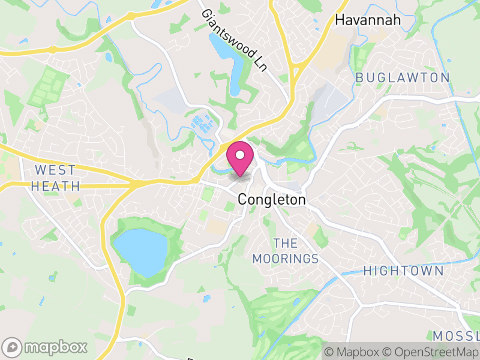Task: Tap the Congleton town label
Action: pyautogui.click(x=272, y=200)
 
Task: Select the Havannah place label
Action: pyautogui.click(x=367, y=20)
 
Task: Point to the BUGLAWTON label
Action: pyautogui.click(x=402, y=77)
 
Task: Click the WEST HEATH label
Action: pyautogui.click(x=55, y=178)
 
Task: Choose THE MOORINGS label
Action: pyautogui.click(x=285, y=251)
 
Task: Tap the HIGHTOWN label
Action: pyautogui.click(x=403, y=271)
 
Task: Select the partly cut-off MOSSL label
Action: pyautogui.click(x=456, y=335)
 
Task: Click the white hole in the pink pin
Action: pyautogui.click(x=241, y=155)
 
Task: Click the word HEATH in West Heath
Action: pyautogui.click(x=55, y=186)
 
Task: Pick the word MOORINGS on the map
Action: pyautogui.click(x=285, y=259)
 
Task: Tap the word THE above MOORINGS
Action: pyautogui.click(x=286, y=243)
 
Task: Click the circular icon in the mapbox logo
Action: pyautogui.click(x=11, y=347)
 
